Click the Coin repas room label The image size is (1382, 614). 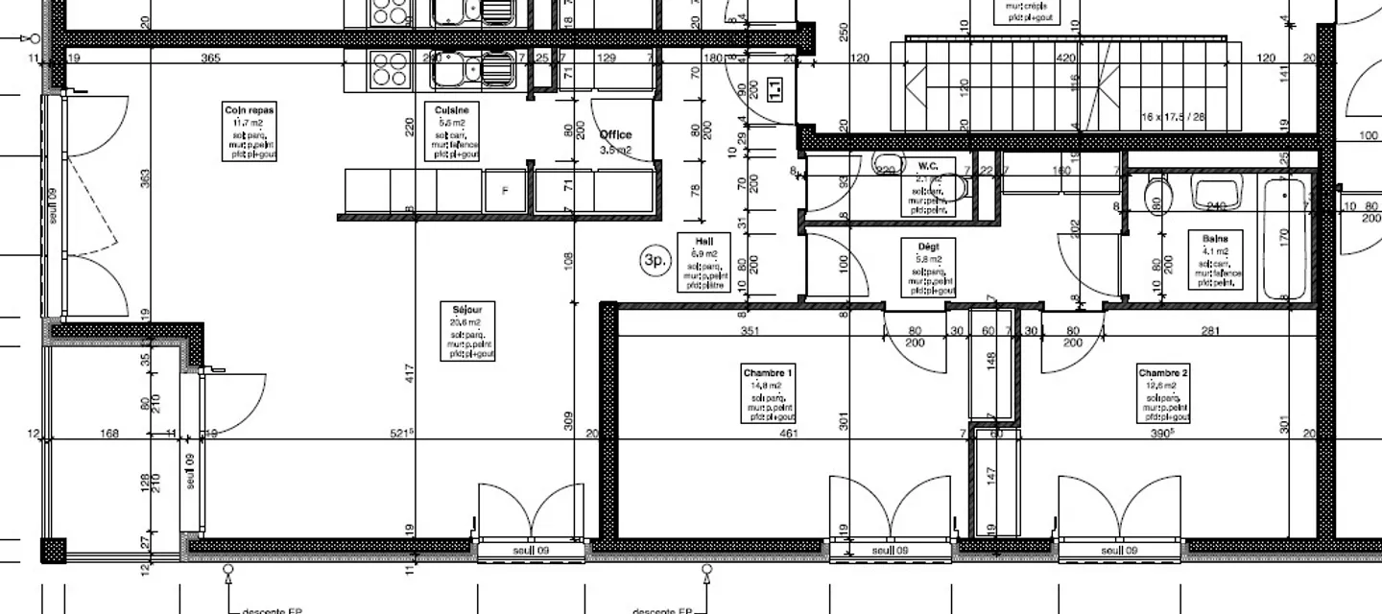pyautogui.click(x=249, y=110)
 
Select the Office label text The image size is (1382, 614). pyautogui.click(x=615, y=135)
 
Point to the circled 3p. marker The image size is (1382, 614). pyautogui.click(x=655, y=260)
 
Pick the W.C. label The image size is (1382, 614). pyautogui.click(x=927, y=165)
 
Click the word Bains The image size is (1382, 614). pyautogui.click(x=1216, y=236)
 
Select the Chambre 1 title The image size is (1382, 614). pyautogui.click(x=769, y=372)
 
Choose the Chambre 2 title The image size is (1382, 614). pyautogui.click(x=1163, y=372)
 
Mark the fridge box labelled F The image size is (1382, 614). pyautogui.click(x=506, y=192)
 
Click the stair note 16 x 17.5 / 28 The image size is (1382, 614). pyautogui.click(x=1173, y=116)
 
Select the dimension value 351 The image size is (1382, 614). pyautogui.click(x=750, y=332)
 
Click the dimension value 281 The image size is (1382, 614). pyautogui.click(x=1209, y=332)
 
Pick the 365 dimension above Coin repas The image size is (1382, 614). pyautogui.click(x=211, y=59)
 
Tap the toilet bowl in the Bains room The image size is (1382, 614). pyautogui.click(x=1155, y=197)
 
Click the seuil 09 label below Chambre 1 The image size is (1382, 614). pyautogui.click(x=890, y=551)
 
